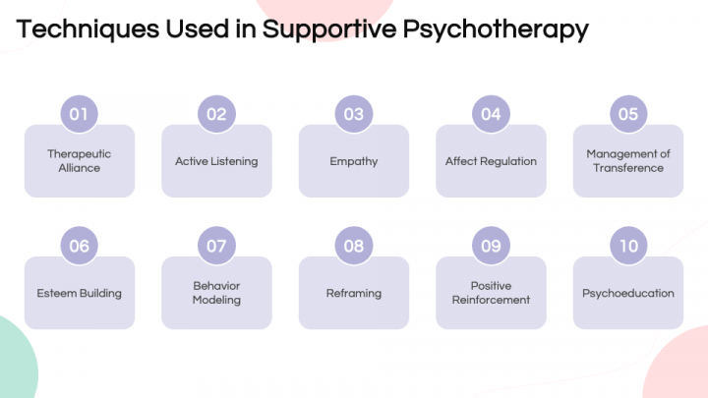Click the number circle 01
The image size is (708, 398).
[x=79, y=114]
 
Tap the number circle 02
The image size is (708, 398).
[x=216, y=114]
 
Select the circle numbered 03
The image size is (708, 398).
[x=354, y=114]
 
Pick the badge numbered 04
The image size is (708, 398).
[x=491, y=114]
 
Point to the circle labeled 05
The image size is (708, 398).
[x=628, y=114]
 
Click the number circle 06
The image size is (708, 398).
[x=79, y=246]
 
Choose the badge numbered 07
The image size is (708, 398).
[x=216, y=246]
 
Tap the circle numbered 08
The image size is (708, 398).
[x=354, y=246]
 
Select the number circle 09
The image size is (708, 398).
[x=491, y=246]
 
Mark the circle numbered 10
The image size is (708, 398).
[x=628, y=246]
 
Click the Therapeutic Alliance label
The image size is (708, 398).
[x=79, y=160]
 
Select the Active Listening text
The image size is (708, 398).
[x=216, y=161]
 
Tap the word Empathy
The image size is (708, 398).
[x=354, y=161]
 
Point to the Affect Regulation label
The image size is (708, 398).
[x=491, y=161]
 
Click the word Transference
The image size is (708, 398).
[x=628, y=168]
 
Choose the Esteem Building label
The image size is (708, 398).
[x=79, y=293]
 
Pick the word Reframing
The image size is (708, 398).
[x=354, y=293]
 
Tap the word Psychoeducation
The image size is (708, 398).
[x=628, y=293]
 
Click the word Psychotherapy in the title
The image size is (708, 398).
[x=496, y=29]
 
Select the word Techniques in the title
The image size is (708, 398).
[x=88, y=29]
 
